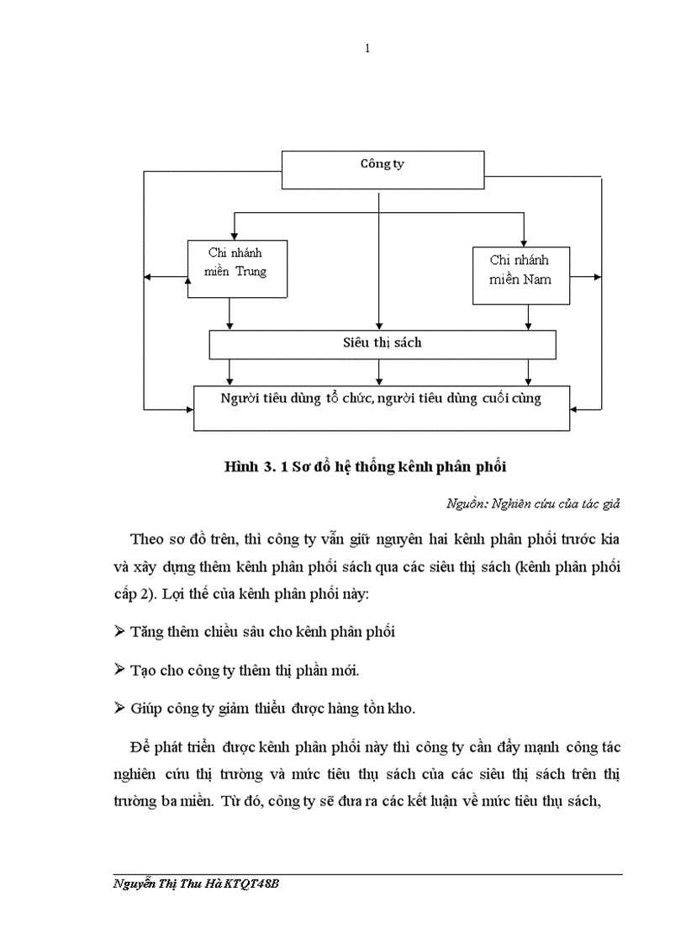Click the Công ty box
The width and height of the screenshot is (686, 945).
point(383,169)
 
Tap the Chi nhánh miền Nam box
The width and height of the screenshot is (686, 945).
point(520,275)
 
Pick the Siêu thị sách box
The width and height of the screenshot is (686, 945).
point(383,343)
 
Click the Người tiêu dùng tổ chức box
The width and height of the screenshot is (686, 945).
point(382,407)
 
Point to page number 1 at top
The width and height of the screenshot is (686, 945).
point(367,49)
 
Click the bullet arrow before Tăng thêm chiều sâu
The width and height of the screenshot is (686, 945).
point(119,631)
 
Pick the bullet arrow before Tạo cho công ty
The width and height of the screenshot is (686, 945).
point(119,670)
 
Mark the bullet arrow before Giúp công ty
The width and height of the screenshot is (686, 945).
point(119,709)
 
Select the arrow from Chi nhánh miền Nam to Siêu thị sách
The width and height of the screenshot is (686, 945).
point(528,316)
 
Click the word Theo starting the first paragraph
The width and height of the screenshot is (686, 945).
point(148,539)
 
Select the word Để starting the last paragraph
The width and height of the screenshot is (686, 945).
point(140,747)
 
